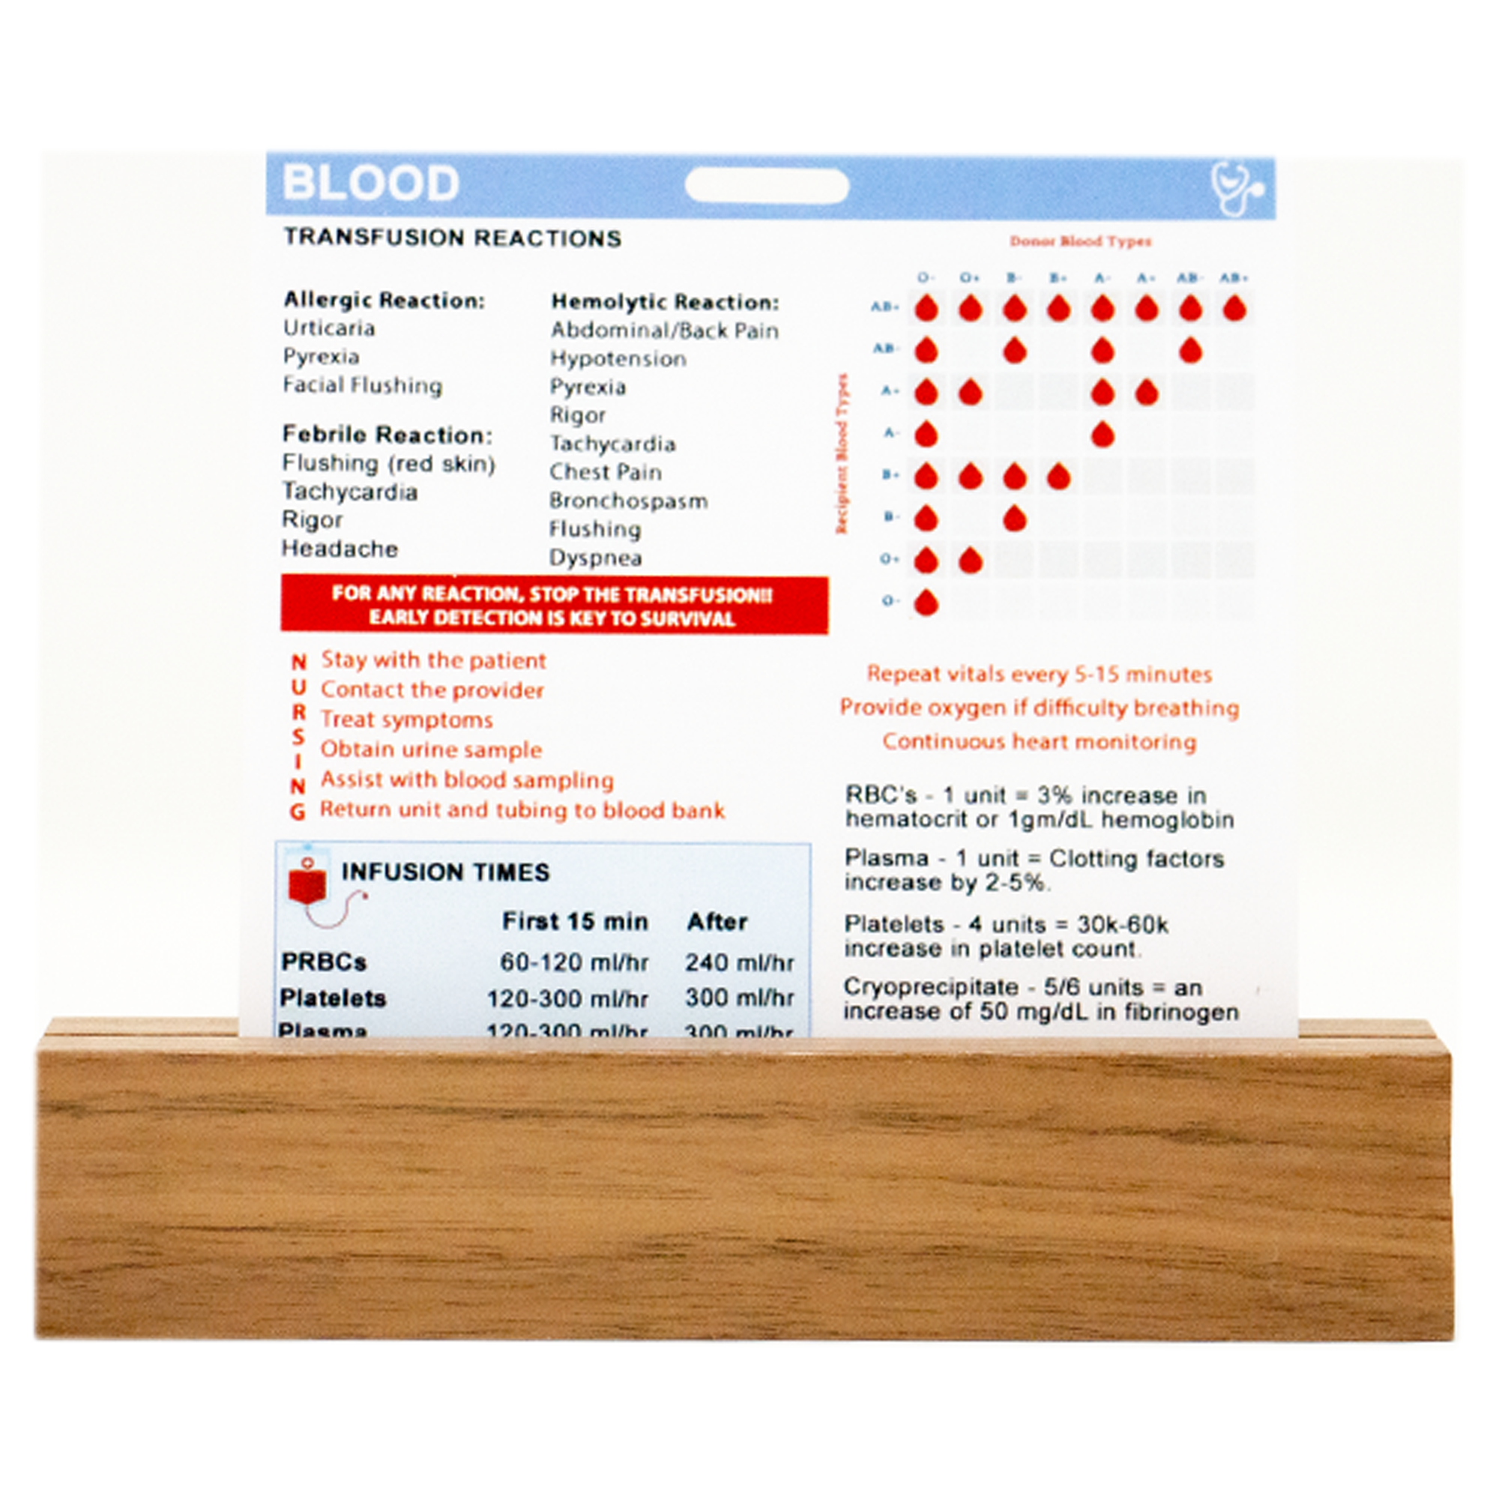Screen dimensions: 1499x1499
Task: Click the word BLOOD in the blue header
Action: tap(371, 184)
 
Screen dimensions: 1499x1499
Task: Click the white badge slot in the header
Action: tap(767, 186)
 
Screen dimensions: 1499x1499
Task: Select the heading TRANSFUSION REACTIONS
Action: tap(453, 238)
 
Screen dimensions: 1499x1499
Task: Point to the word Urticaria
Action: tap(329, 328)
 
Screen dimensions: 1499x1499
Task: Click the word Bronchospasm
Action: tap(629, 501)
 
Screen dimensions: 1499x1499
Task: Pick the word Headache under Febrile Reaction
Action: tap(340, 549)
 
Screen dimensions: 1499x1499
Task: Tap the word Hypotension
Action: tap(618, 358)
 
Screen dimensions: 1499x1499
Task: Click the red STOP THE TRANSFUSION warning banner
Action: tap(553, 606)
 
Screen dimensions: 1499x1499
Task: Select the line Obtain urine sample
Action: tap(431, 749)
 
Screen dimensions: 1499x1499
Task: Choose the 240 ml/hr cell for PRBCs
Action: tap(740, 963)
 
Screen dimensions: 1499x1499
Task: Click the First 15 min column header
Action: tap(574, 922)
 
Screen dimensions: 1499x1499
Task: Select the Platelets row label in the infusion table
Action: tap(333, 998)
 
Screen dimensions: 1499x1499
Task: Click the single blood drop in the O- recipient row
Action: tap(926, 603)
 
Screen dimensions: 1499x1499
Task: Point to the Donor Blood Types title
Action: tap(1080, 241)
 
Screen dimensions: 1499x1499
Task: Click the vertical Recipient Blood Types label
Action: tap(842, 454)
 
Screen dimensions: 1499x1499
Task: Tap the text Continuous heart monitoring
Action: tap(1039, 742)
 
